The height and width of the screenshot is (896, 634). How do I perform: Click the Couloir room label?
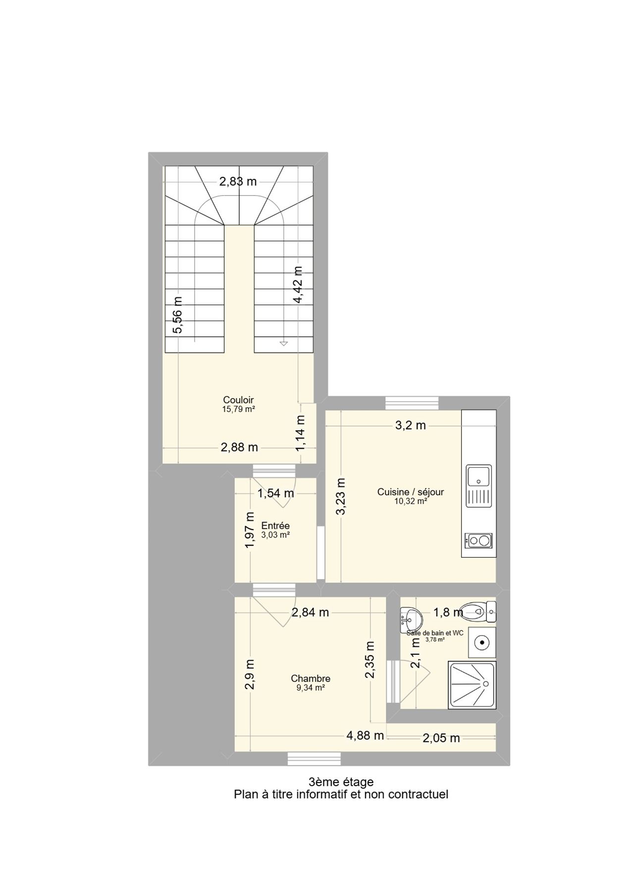tap(238, 400)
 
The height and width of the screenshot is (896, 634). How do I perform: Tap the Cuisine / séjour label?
tap(411, 492)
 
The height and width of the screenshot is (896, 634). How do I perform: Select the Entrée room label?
tap(275, 526)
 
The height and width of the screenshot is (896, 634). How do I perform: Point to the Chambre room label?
tap(311, 679)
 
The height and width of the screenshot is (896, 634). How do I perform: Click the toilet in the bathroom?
tap(477, 612)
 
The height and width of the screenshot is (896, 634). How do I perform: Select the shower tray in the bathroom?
tap(472, 685)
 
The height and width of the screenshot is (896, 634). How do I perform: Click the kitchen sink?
tap(478, 486)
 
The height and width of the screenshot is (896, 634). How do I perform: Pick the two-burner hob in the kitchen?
tap(478, 540)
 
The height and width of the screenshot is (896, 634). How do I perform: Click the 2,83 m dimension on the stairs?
tap(238, 181)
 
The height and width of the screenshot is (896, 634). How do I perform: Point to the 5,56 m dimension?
tap(177, 316)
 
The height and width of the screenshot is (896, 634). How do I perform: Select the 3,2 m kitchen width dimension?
tap(411, 425)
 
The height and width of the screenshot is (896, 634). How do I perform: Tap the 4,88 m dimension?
tap(365, 736)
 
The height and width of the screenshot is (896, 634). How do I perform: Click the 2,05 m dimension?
tap(441, 738)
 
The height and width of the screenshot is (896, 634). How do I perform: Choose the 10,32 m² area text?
tap(411, 501)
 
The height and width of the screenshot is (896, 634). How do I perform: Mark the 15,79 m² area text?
tap(238, 409)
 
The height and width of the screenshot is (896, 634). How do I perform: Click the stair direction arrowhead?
tap(284, 343)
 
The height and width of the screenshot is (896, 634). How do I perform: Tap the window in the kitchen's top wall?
tap(412, 403)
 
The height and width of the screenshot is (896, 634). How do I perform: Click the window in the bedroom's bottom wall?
tap(315, 759)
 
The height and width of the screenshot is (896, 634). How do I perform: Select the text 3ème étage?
tap(341, 782)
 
